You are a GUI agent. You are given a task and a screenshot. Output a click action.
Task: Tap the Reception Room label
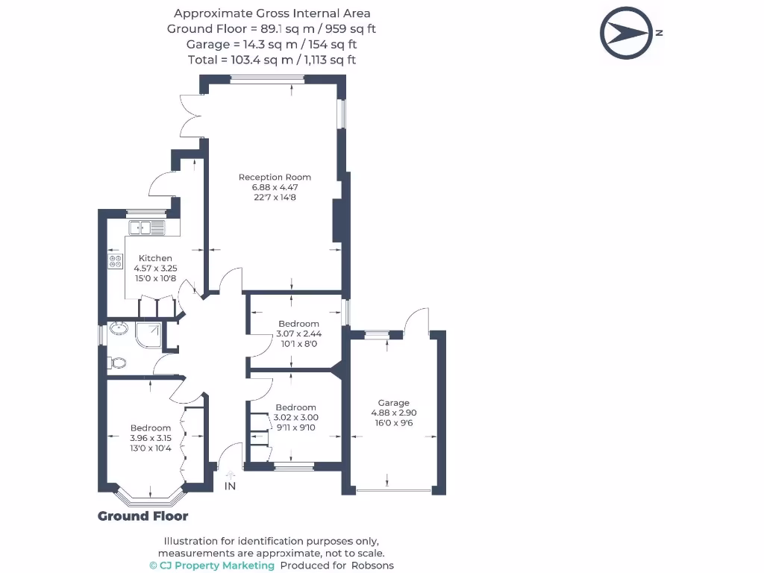click(x=275, y=177)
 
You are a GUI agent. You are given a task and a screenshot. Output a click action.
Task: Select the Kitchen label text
click(x=155, y=258)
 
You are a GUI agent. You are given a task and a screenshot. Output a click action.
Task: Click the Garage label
click(x=393, y=403)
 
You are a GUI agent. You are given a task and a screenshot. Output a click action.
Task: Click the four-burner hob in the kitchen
click(x=116, y=261)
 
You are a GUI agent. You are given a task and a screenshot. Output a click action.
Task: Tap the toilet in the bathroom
click(x=117, y=363)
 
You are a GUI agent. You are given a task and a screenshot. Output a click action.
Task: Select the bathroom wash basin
click(x=118, y=328)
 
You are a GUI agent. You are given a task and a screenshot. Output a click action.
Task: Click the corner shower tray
click(x=148, y=335)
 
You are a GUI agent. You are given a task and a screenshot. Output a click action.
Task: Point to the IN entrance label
click(x=230, y=486)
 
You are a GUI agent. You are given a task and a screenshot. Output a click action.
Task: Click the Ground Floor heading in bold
click(x=143, y=516)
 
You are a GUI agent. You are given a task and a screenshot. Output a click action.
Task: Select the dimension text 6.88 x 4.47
click(x=275, y=187)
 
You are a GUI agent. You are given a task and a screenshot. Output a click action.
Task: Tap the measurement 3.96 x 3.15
click(x=151, y=438)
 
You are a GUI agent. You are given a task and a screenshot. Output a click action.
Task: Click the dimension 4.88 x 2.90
click(x=393, y=413)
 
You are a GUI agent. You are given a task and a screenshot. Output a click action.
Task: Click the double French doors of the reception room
click(x=191, y=116)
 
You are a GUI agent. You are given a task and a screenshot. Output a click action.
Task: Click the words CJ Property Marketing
click(x=212, y=566)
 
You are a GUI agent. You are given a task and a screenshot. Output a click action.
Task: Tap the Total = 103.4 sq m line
click(x=272, y=60)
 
